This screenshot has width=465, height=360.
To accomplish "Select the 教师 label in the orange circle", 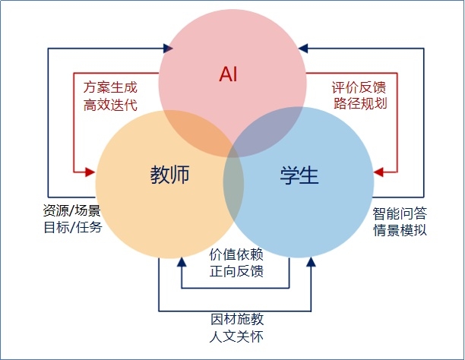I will click(169, 176).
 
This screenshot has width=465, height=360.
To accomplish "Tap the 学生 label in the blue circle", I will click(296, 176).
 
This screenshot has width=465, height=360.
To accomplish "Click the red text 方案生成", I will click(110, 87).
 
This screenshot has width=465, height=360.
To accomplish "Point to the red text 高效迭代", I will click(110, 104).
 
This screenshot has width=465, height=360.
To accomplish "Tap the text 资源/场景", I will click(72, 210).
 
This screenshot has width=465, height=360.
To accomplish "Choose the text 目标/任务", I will click(72, 226).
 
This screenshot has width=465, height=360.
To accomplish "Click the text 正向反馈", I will click(236, 270).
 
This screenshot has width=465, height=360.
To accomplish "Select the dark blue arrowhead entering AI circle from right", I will click(303, 48).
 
